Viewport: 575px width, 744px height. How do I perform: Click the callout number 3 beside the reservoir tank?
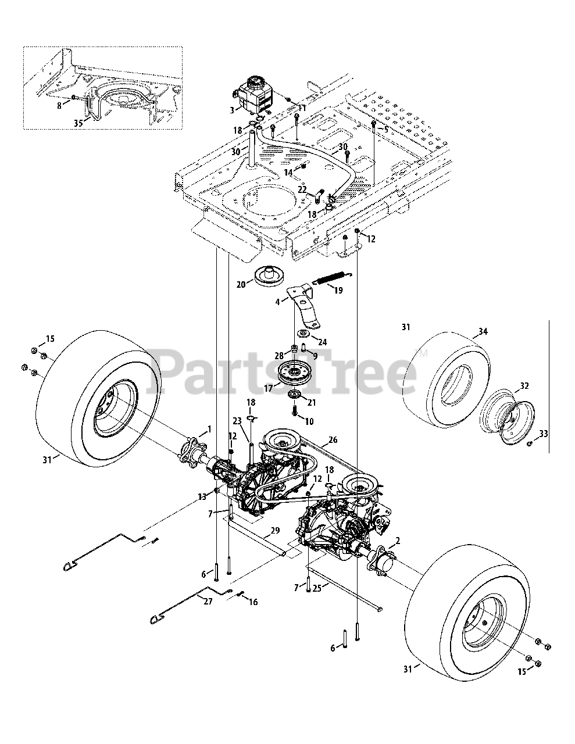232,109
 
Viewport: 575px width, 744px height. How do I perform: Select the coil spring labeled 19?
329,278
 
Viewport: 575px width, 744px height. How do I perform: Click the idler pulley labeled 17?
300,373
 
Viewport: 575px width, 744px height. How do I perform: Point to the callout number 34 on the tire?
482,332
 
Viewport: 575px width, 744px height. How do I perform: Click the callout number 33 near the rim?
543,433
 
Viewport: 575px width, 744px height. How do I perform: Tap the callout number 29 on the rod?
275,531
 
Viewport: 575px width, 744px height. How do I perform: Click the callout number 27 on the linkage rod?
208,601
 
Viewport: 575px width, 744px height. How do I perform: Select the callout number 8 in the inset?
59,105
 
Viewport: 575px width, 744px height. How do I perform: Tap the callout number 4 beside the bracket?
278,301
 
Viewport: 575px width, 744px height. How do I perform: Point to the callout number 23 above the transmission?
237,421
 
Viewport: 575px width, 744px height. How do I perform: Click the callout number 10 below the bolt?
309,420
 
